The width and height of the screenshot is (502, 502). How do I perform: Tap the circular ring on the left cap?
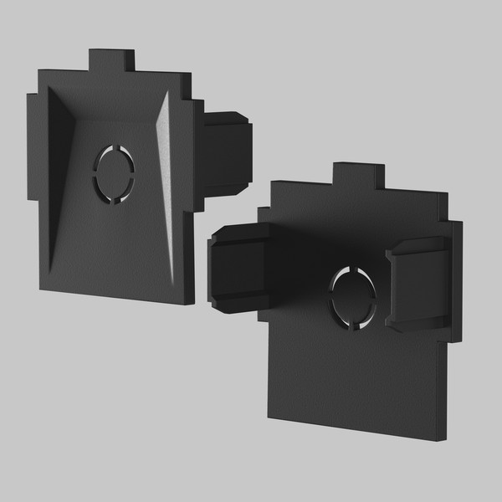pyautogui.click(x=114, y=174)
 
